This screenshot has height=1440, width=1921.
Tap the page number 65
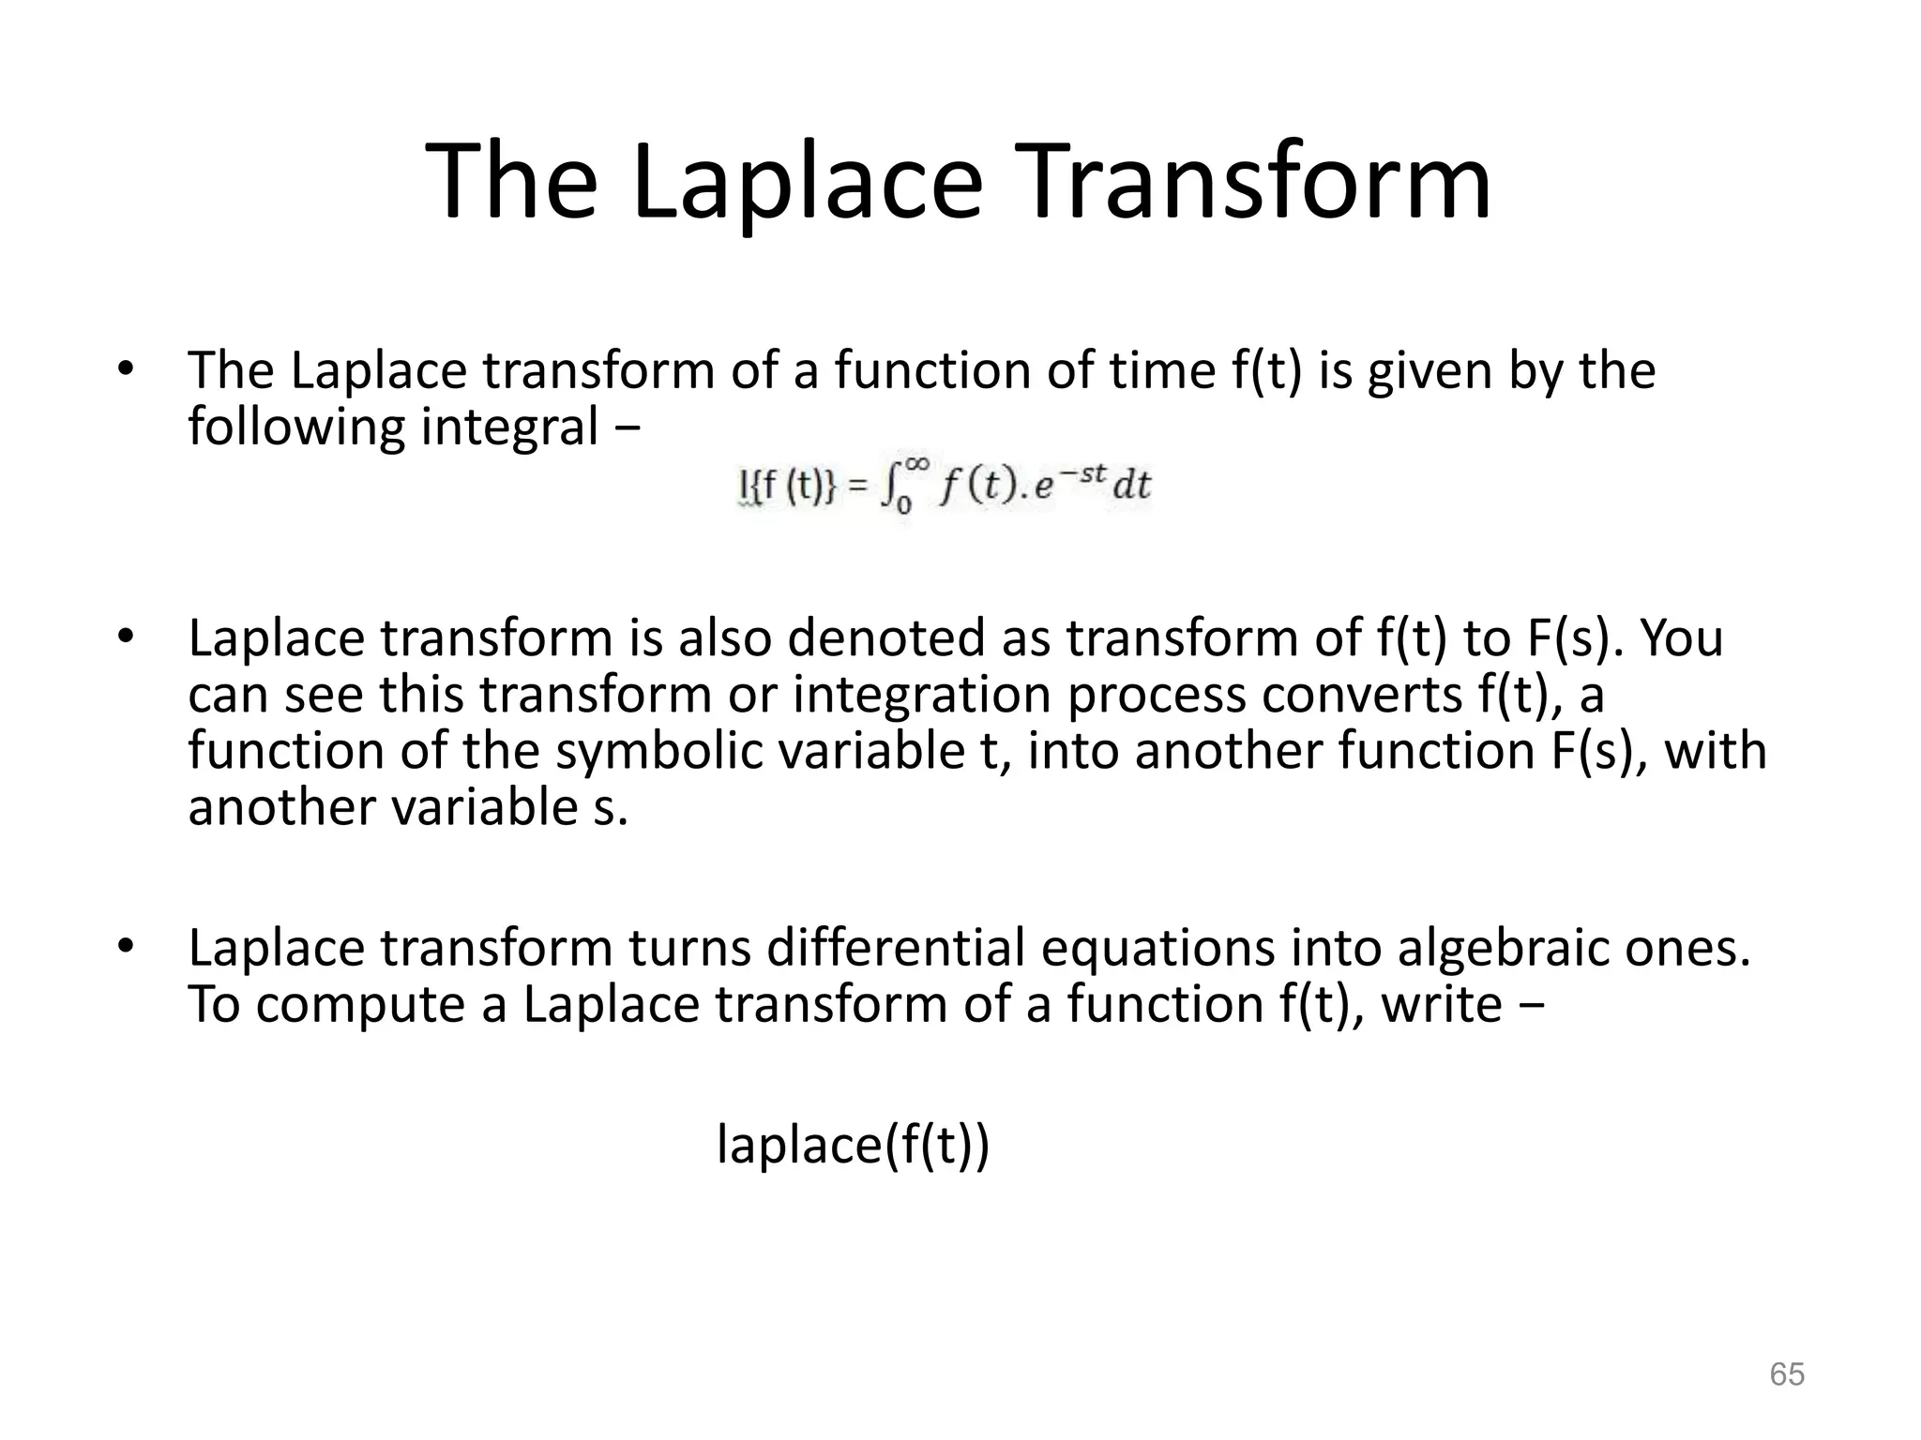pyautogui.click(x=1786, y=1374)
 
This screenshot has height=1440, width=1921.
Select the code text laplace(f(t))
pyautogui.click(x=853, y=1145)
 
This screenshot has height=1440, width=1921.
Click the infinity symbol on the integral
pyautogui.click(x=917, y=466)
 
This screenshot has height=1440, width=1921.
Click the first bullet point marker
pyautogui.click(x=125, y=369)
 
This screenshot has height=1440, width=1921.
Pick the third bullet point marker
pyautogui.click(x=125, y=946)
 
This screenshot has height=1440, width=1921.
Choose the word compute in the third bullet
pyautogui.click(x=361, y=1005)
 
